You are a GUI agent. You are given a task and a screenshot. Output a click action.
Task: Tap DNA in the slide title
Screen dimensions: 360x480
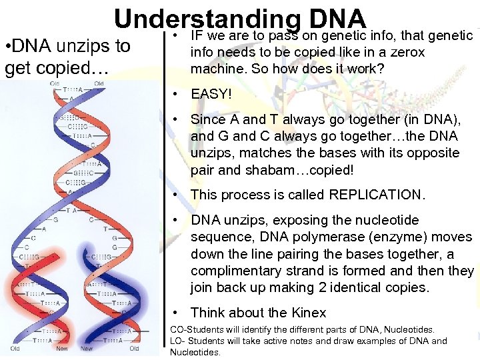[x=333, y=20]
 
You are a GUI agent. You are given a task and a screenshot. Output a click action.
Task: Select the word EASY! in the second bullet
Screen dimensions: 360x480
[x=211, y=94]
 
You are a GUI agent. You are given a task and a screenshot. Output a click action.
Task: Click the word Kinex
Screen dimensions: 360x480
[x=309, y=313]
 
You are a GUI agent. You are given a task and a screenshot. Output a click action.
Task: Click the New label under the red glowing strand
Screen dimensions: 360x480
[x=62, y=349]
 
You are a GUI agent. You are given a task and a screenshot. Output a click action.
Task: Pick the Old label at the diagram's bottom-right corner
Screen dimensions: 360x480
[x=134, y=349]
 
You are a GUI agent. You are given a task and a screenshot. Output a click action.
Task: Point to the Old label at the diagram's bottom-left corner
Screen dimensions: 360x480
[x=15, y=349]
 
